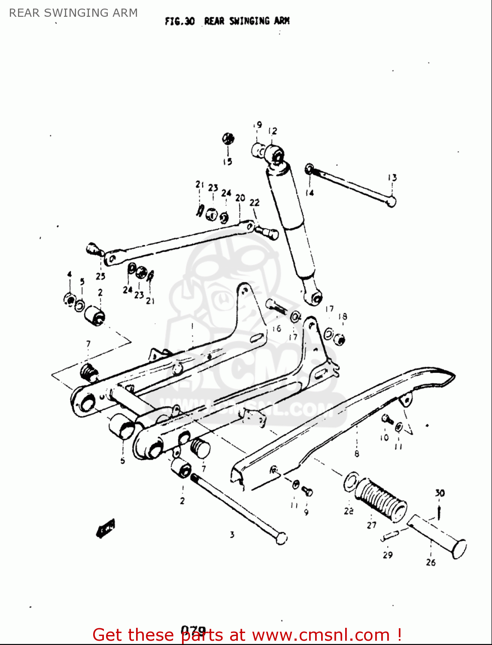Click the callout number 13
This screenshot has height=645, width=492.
coord(392,178)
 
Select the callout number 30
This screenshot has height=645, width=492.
coord(440,493)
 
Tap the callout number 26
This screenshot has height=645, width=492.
coord(431,562)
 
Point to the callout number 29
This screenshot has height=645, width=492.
coord(388,555)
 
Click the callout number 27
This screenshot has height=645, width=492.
coord(371,525)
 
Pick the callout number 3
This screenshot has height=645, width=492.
coord(232,535)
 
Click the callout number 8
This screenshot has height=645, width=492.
coord(357,454)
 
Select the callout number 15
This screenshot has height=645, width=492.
coord(228,162)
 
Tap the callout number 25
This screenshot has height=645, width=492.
coord(100,276)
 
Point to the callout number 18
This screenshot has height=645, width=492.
coord(342,317)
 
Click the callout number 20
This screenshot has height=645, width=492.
coord(240,198)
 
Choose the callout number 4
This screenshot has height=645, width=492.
coord(69,274)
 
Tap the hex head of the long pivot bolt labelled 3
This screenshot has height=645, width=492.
coord(281,538)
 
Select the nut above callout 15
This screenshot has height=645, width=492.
coord(228,138)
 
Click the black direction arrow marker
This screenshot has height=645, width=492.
coord(105,528)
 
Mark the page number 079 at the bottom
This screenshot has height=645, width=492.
coord(193,630)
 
